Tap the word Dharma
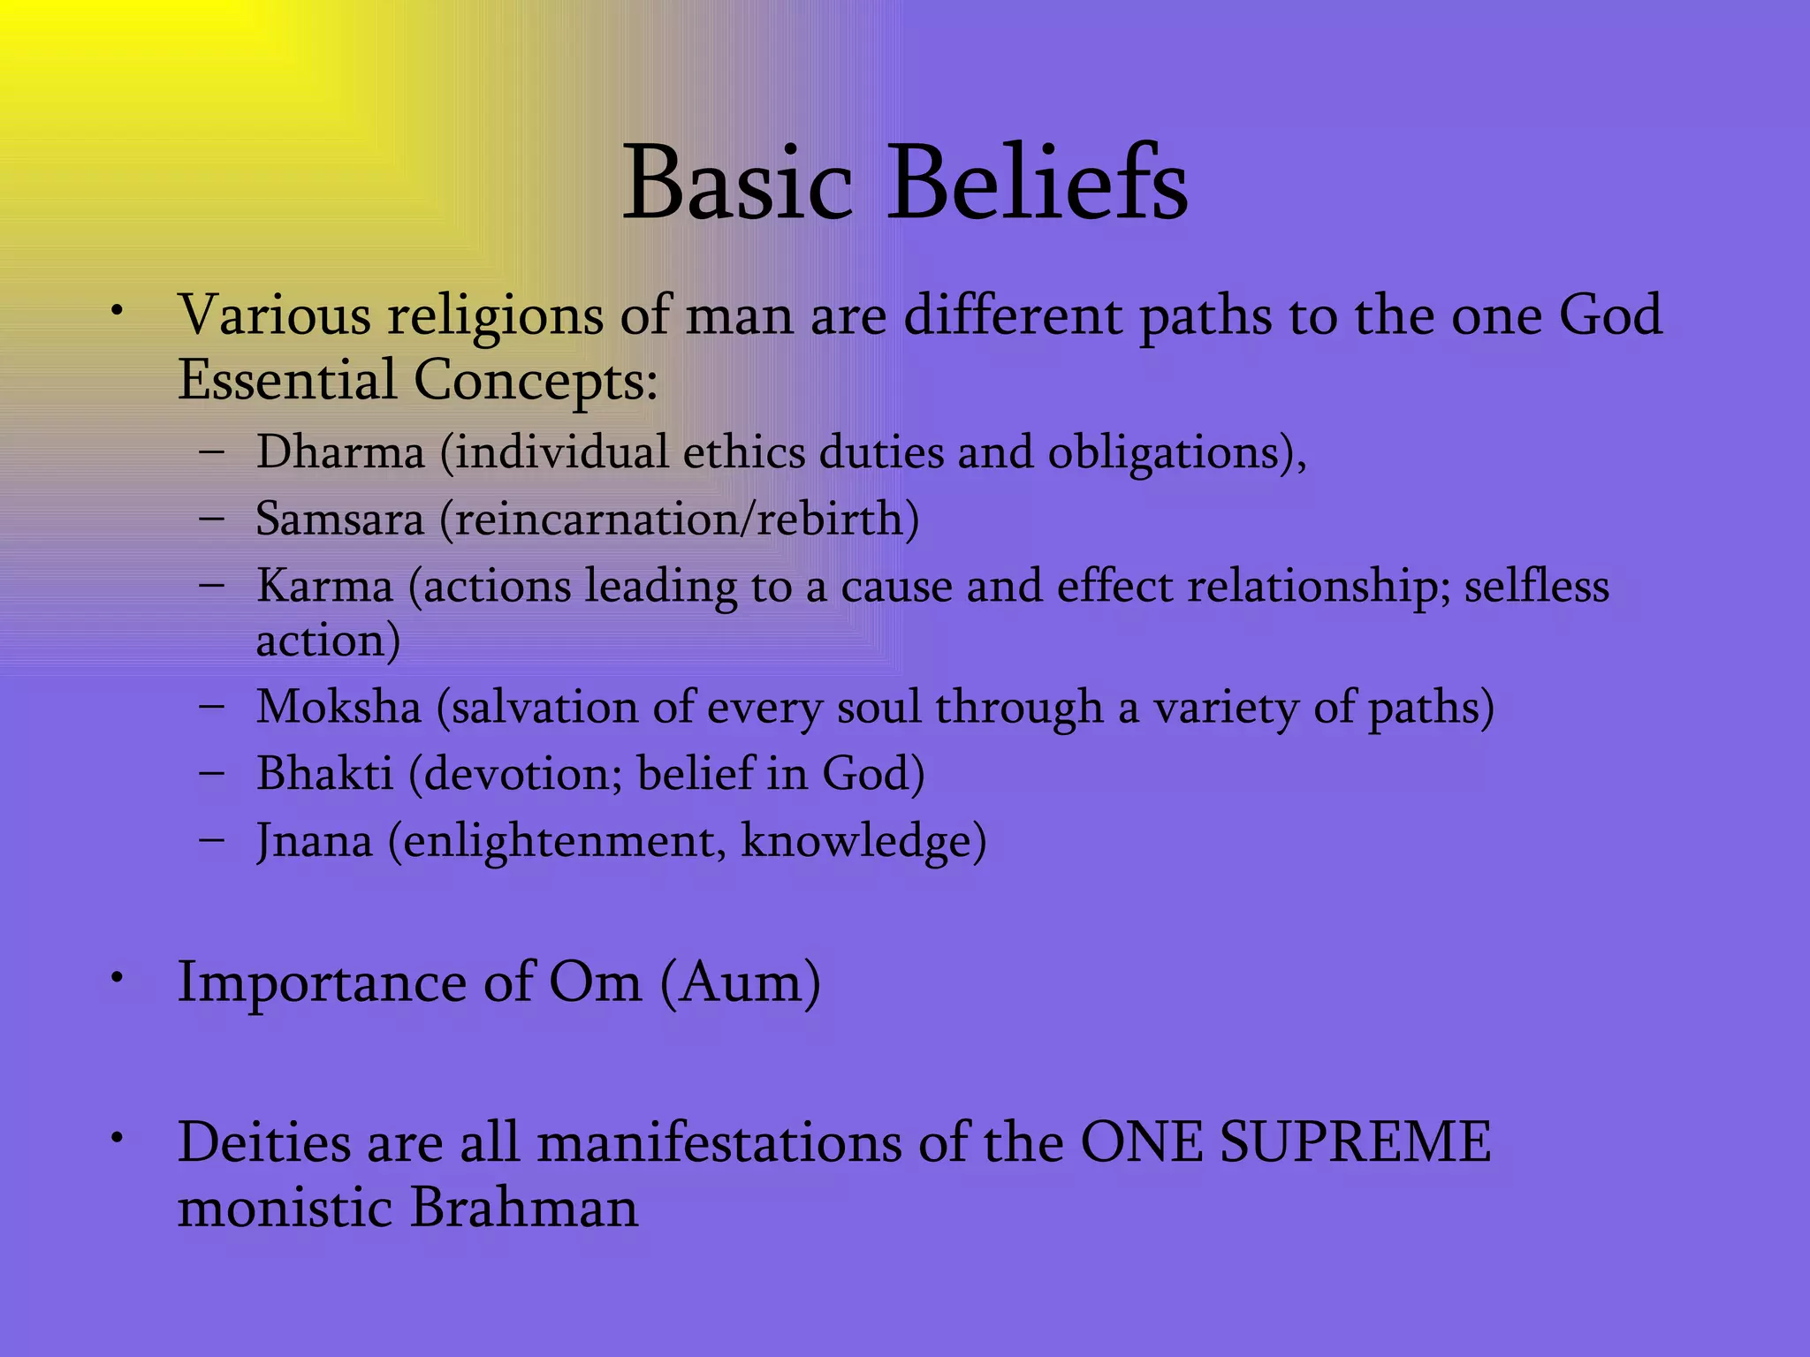pos(340,452)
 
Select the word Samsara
pos(339,519)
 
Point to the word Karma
pos(324,587)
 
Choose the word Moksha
pos(338,708)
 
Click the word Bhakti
pos(324,774)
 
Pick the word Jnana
pos(314,841)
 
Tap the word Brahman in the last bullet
pos(523,1207)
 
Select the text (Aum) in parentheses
pos(741,982)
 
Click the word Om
pos(595,982)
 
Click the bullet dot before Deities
pos(116,1138)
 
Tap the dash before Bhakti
pos(212,772)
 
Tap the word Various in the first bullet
pos(274,315)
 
